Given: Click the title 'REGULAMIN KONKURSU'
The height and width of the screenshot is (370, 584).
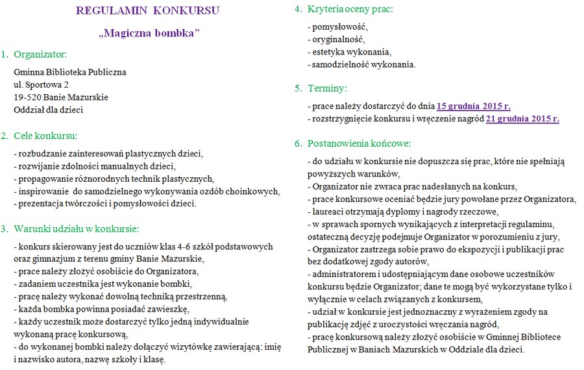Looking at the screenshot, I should point(147,10).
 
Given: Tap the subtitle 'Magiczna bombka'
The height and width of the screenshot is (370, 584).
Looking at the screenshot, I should point(149,32).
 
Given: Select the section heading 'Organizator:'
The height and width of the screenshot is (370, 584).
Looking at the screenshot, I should point(40,54).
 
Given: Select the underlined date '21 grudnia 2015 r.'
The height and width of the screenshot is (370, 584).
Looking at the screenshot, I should point(522,119).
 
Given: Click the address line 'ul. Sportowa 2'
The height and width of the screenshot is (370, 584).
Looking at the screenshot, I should point(41,84).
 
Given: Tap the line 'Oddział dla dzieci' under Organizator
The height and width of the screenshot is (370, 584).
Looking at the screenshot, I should point(48,110).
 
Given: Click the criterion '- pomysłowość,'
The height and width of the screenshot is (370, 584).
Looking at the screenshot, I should point(337,27).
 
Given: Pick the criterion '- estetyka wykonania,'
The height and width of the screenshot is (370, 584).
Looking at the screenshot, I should point(350,52).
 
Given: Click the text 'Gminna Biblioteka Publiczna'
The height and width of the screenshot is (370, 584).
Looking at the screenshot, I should point(70,72).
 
